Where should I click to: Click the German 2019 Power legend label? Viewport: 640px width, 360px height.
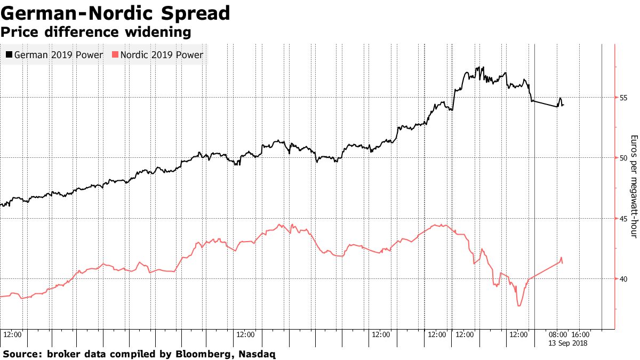click(58, 54)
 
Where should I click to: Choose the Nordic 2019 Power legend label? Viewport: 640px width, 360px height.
click(162, 54)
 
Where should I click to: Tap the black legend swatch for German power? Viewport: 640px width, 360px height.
click(9, 54)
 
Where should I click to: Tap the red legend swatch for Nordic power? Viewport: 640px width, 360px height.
click(115, 54)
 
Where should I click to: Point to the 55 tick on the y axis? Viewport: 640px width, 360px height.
click(623, 98)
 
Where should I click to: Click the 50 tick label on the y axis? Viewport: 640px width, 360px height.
click(623, 158)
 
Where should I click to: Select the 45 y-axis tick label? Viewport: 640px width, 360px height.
click(623, 218)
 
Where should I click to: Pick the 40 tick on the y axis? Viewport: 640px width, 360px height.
click(623, 278)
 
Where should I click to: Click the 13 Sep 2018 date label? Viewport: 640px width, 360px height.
click(568, 343)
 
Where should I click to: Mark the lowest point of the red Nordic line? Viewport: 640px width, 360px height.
click(518, 306)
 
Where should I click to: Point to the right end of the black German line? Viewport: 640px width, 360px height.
click(563, 105)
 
